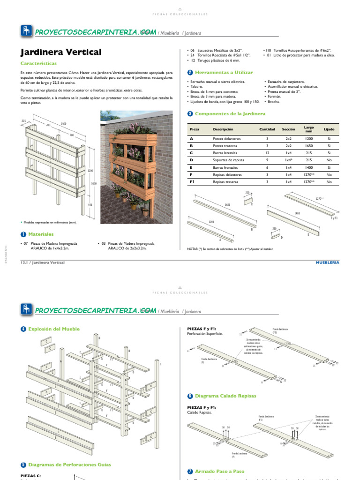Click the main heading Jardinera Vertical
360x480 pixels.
[60, 52]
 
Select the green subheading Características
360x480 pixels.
[39, 63]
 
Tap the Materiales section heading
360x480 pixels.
[41, 234]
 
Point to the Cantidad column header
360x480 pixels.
[267, 129]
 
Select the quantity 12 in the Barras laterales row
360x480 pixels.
[267, 153]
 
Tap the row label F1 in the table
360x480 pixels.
[192, 181]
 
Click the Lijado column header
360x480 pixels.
[329, 129]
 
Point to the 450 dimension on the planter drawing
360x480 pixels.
[90, 204]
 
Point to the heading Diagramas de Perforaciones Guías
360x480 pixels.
[69, 465]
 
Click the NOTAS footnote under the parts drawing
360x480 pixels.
[230, 249]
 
